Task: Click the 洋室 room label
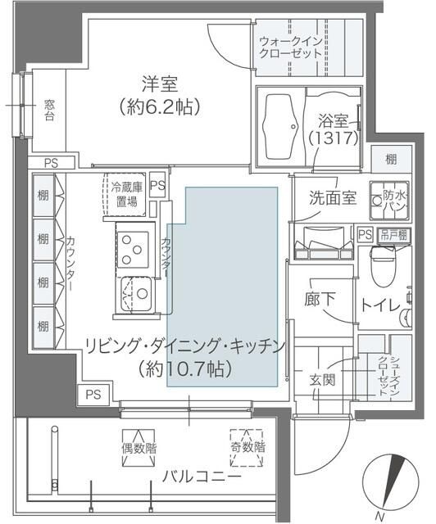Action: coord(159,84)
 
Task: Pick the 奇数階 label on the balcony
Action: coord(247,449)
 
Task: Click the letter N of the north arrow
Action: coord(379,516)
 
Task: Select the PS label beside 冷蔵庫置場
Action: coord(157,185)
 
